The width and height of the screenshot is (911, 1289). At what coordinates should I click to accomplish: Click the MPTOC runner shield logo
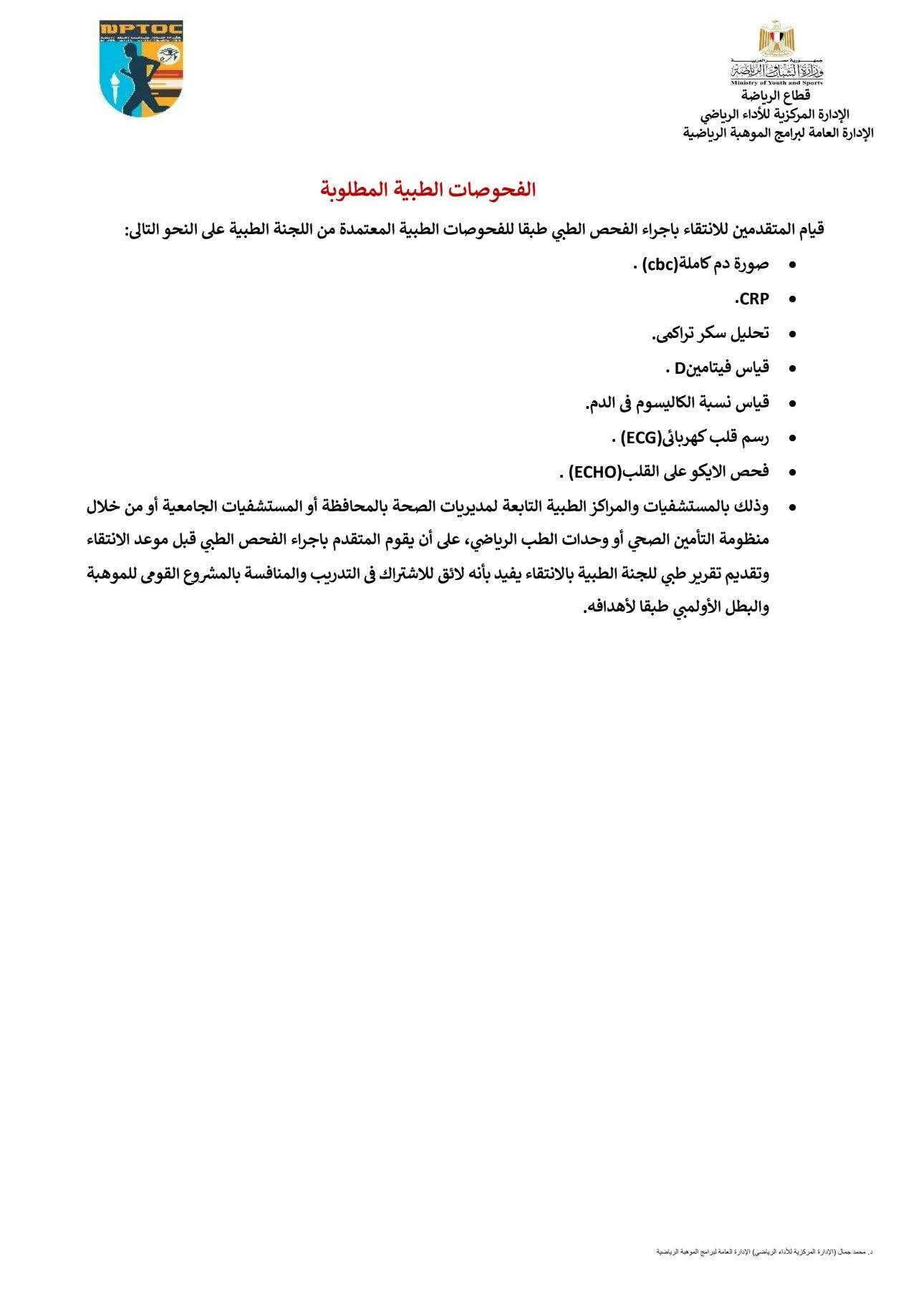pos(141,68)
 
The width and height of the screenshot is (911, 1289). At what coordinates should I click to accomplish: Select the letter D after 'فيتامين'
pos(680,368)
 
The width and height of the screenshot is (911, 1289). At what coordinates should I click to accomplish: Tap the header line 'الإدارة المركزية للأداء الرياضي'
pos(774,114)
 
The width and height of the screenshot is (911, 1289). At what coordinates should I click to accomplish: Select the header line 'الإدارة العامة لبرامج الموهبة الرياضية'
pos(778,132)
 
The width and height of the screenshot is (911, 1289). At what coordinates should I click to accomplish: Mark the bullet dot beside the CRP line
pos(792,299)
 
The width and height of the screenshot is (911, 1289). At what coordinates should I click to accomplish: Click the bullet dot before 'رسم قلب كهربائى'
pos(792,438)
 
